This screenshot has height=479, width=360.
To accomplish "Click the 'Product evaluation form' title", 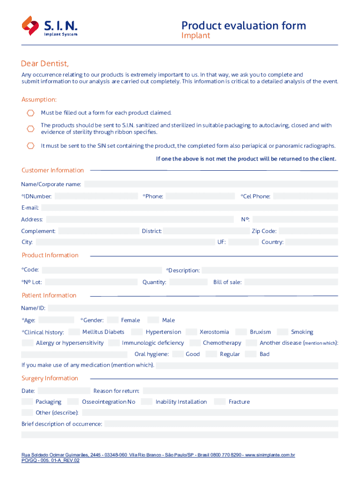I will (244, 25).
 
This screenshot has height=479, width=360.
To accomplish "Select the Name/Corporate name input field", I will (211, 184).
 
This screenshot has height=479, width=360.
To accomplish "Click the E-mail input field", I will (189, 208).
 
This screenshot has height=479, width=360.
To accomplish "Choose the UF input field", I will (244, 242).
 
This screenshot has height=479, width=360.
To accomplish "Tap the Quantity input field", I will (188, 282).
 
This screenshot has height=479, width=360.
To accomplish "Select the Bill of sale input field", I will (291, 282).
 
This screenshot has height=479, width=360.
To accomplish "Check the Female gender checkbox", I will (112, 320).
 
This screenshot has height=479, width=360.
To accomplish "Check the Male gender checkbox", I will (153, 320).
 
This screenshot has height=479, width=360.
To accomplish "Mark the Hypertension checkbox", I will (137, 332).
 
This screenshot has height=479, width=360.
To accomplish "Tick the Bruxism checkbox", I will (241, 332).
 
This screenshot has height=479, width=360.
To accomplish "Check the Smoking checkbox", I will (282, 332).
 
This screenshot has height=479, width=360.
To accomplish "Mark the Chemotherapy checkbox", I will (194, 343).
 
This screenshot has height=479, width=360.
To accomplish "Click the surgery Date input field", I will (64, 391).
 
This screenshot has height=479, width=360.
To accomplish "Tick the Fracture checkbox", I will (220, 402).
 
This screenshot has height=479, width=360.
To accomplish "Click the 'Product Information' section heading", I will (50, 255).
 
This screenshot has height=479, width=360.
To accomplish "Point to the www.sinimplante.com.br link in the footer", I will (270, 455).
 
